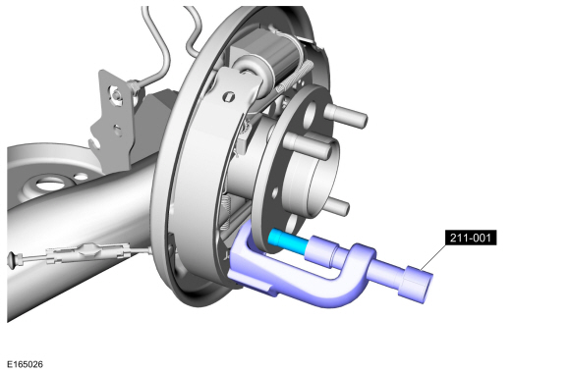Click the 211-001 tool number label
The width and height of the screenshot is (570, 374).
click(471, 238)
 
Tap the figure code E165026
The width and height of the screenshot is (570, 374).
click(25, 364)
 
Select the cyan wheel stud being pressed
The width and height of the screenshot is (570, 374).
click(288, 240)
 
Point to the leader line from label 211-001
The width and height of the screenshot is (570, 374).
click(433, 258)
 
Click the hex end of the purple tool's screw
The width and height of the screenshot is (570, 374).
click(417, 285)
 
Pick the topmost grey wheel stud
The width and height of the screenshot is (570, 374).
click(345, 115)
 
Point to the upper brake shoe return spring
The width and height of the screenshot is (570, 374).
click(295, 78)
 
